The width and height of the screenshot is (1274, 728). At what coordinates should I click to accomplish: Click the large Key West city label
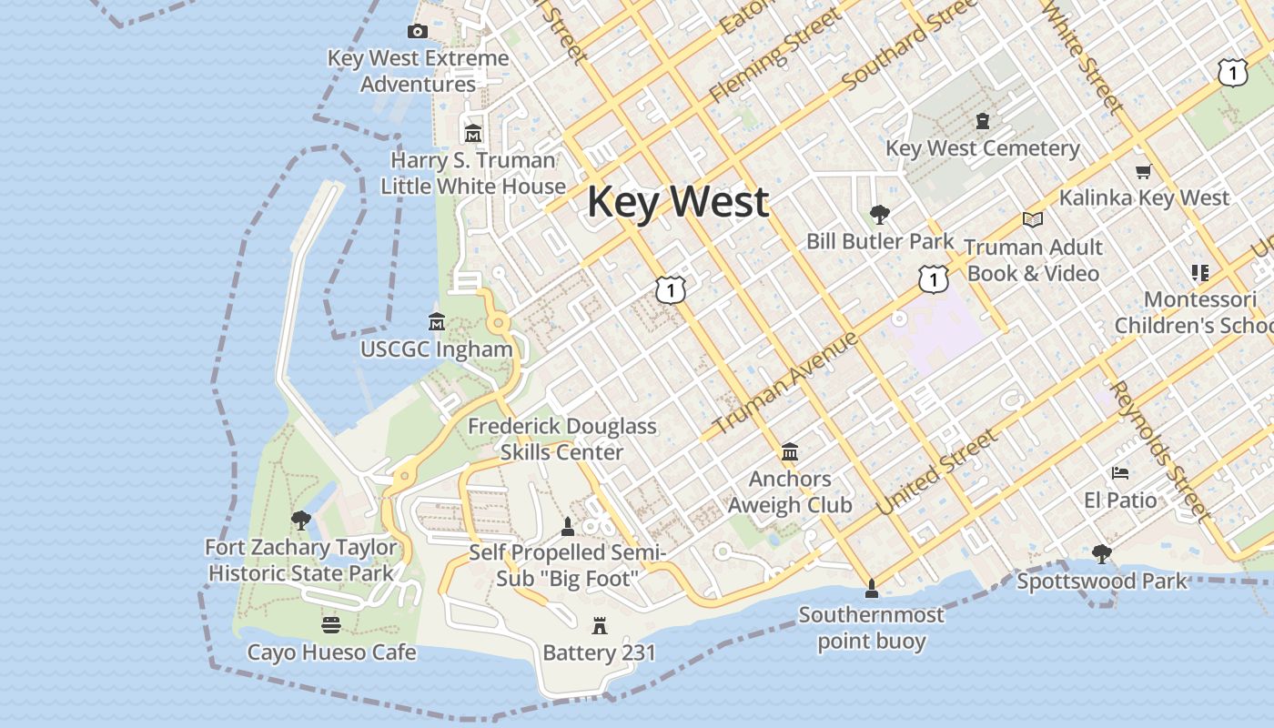678,202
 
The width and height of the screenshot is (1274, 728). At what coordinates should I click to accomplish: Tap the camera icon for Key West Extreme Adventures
418,32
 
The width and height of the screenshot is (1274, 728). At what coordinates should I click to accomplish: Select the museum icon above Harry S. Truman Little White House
472,134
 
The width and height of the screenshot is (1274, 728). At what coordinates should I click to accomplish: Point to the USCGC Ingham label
436,349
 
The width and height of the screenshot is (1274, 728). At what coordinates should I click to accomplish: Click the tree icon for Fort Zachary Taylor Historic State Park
301,521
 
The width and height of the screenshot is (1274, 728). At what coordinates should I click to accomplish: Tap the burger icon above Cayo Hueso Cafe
331,625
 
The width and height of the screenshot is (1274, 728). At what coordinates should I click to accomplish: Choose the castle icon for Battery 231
600,626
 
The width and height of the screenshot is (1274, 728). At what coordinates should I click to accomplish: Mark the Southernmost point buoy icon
872,589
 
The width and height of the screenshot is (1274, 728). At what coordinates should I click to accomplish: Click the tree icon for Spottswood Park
1102,553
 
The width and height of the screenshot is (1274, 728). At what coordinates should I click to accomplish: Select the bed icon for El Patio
1120,473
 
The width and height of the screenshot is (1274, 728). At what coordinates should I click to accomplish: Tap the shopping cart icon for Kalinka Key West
1144,171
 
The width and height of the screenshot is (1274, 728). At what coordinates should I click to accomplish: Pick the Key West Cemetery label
983,148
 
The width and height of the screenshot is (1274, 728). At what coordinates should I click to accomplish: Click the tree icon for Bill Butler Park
880,215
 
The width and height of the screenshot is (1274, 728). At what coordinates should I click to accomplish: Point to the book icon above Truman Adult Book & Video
1032,219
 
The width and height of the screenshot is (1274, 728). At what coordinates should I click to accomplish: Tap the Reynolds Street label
1162,451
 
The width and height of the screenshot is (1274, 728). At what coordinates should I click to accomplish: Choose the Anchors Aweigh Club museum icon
790,452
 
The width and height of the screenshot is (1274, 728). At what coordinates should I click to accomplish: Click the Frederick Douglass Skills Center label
562,439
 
